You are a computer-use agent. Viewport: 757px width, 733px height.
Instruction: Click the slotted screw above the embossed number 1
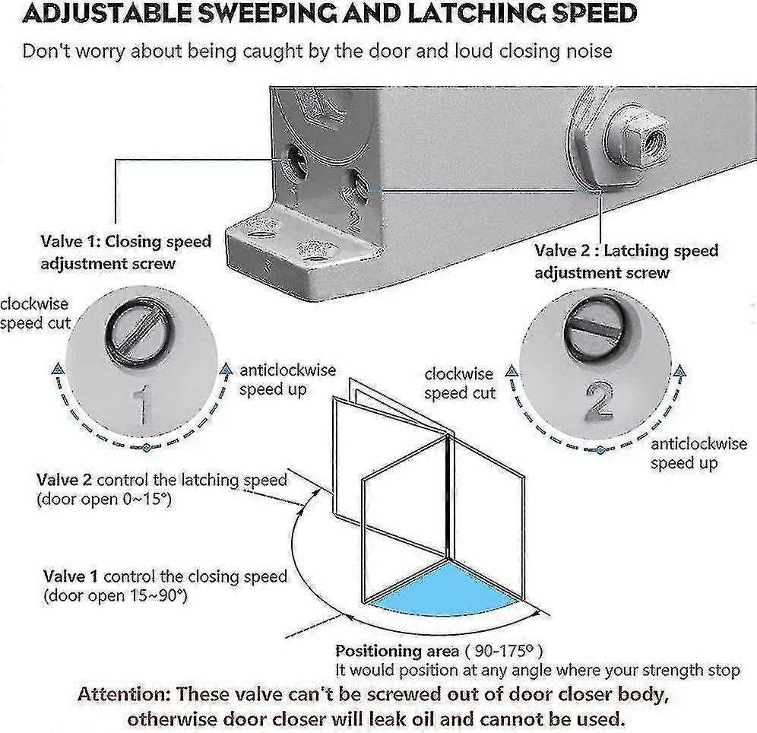[x=131, y=333]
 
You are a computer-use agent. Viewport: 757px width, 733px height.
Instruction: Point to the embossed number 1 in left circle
[x=141, y=405]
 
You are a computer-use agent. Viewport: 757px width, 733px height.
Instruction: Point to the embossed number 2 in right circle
[x=600, y=401]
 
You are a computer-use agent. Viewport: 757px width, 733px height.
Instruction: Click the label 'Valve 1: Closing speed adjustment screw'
[x=125, y=252]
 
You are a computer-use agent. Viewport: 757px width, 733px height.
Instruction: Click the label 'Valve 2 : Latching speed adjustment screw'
[x=626, y=261]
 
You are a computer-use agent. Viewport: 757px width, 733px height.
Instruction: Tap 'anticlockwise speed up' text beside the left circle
[x=287, y=379]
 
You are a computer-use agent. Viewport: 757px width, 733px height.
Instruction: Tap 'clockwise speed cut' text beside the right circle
[x=459, y=383]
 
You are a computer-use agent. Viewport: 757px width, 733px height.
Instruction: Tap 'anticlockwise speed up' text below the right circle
[x=684, y=454]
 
